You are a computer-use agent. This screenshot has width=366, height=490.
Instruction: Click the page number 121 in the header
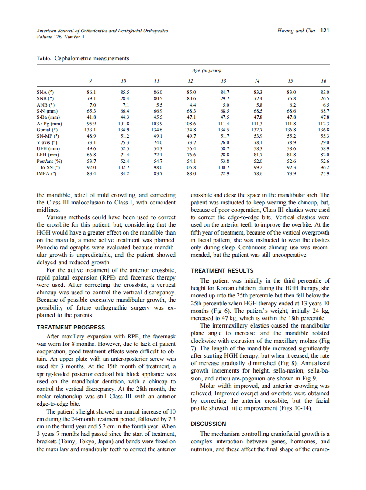pyautogui.click(x=325, y=31)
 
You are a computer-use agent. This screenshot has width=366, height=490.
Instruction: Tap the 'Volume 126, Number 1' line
pyautogui.click(x=61, y=37)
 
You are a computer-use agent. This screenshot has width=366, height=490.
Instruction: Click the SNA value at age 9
pyautogui.click(x=91, y=93)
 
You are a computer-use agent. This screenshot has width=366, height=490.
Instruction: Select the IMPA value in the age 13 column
pyautogui.click(x=224, y=173)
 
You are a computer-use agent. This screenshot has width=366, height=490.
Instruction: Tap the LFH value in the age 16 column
pyautogui.click(x=324, y=155)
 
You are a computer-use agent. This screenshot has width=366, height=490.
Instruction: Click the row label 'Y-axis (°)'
pyautogui.click(x=46, y=142)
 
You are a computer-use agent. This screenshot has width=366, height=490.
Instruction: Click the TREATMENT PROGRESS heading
pyautogui.click(x=71, y=327)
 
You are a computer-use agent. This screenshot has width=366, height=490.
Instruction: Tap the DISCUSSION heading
pyautogui.click(x=208, y=424)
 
